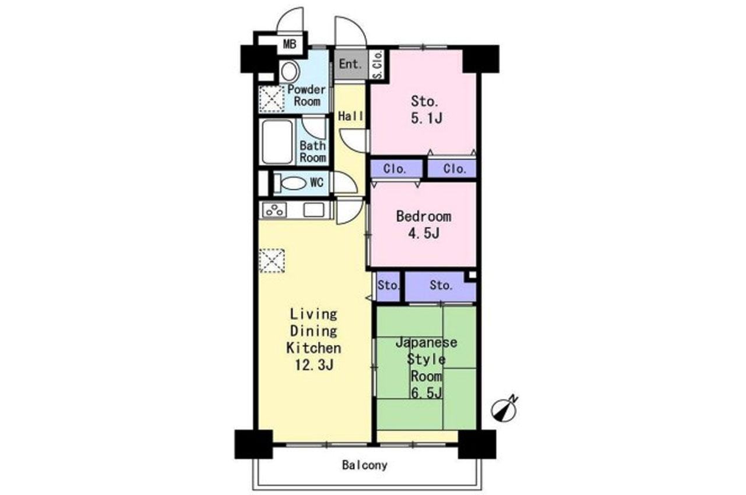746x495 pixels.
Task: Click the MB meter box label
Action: click(x=290, y=44)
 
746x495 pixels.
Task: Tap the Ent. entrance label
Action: click(x=350, y=64)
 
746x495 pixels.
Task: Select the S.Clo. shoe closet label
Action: click(x=378, y=65)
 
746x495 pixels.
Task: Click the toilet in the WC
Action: click(x=293, y=183)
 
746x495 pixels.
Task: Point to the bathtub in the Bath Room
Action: click(x=277, y=142)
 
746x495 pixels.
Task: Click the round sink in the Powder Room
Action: click(x=289, y=72)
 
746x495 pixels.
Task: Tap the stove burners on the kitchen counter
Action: click(x=275, y=210)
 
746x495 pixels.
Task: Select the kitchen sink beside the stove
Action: click(x=314, y=210)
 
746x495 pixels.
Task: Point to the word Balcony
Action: click(x=365, y=465)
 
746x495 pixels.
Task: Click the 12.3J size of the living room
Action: click(x=314, y=365)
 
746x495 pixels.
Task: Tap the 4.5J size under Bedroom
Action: click(x=424, y=233)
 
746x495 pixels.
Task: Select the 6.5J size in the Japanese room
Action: click(x=427, y=393)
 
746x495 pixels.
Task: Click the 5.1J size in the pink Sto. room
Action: click(x=427, y=118)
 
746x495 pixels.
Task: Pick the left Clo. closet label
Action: click(x=395, y=169)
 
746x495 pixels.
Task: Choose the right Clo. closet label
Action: click(x=454, y=169)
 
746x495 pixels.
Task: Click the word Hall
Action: click(x=350, y=116)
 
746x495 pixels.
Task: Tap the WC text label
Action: click(x=316, y=182)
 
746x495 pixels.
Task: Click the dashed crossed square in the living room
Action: click(x=272, y=261)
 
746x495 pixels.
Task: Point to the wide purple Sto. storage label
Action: click(x=441, y=285)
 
